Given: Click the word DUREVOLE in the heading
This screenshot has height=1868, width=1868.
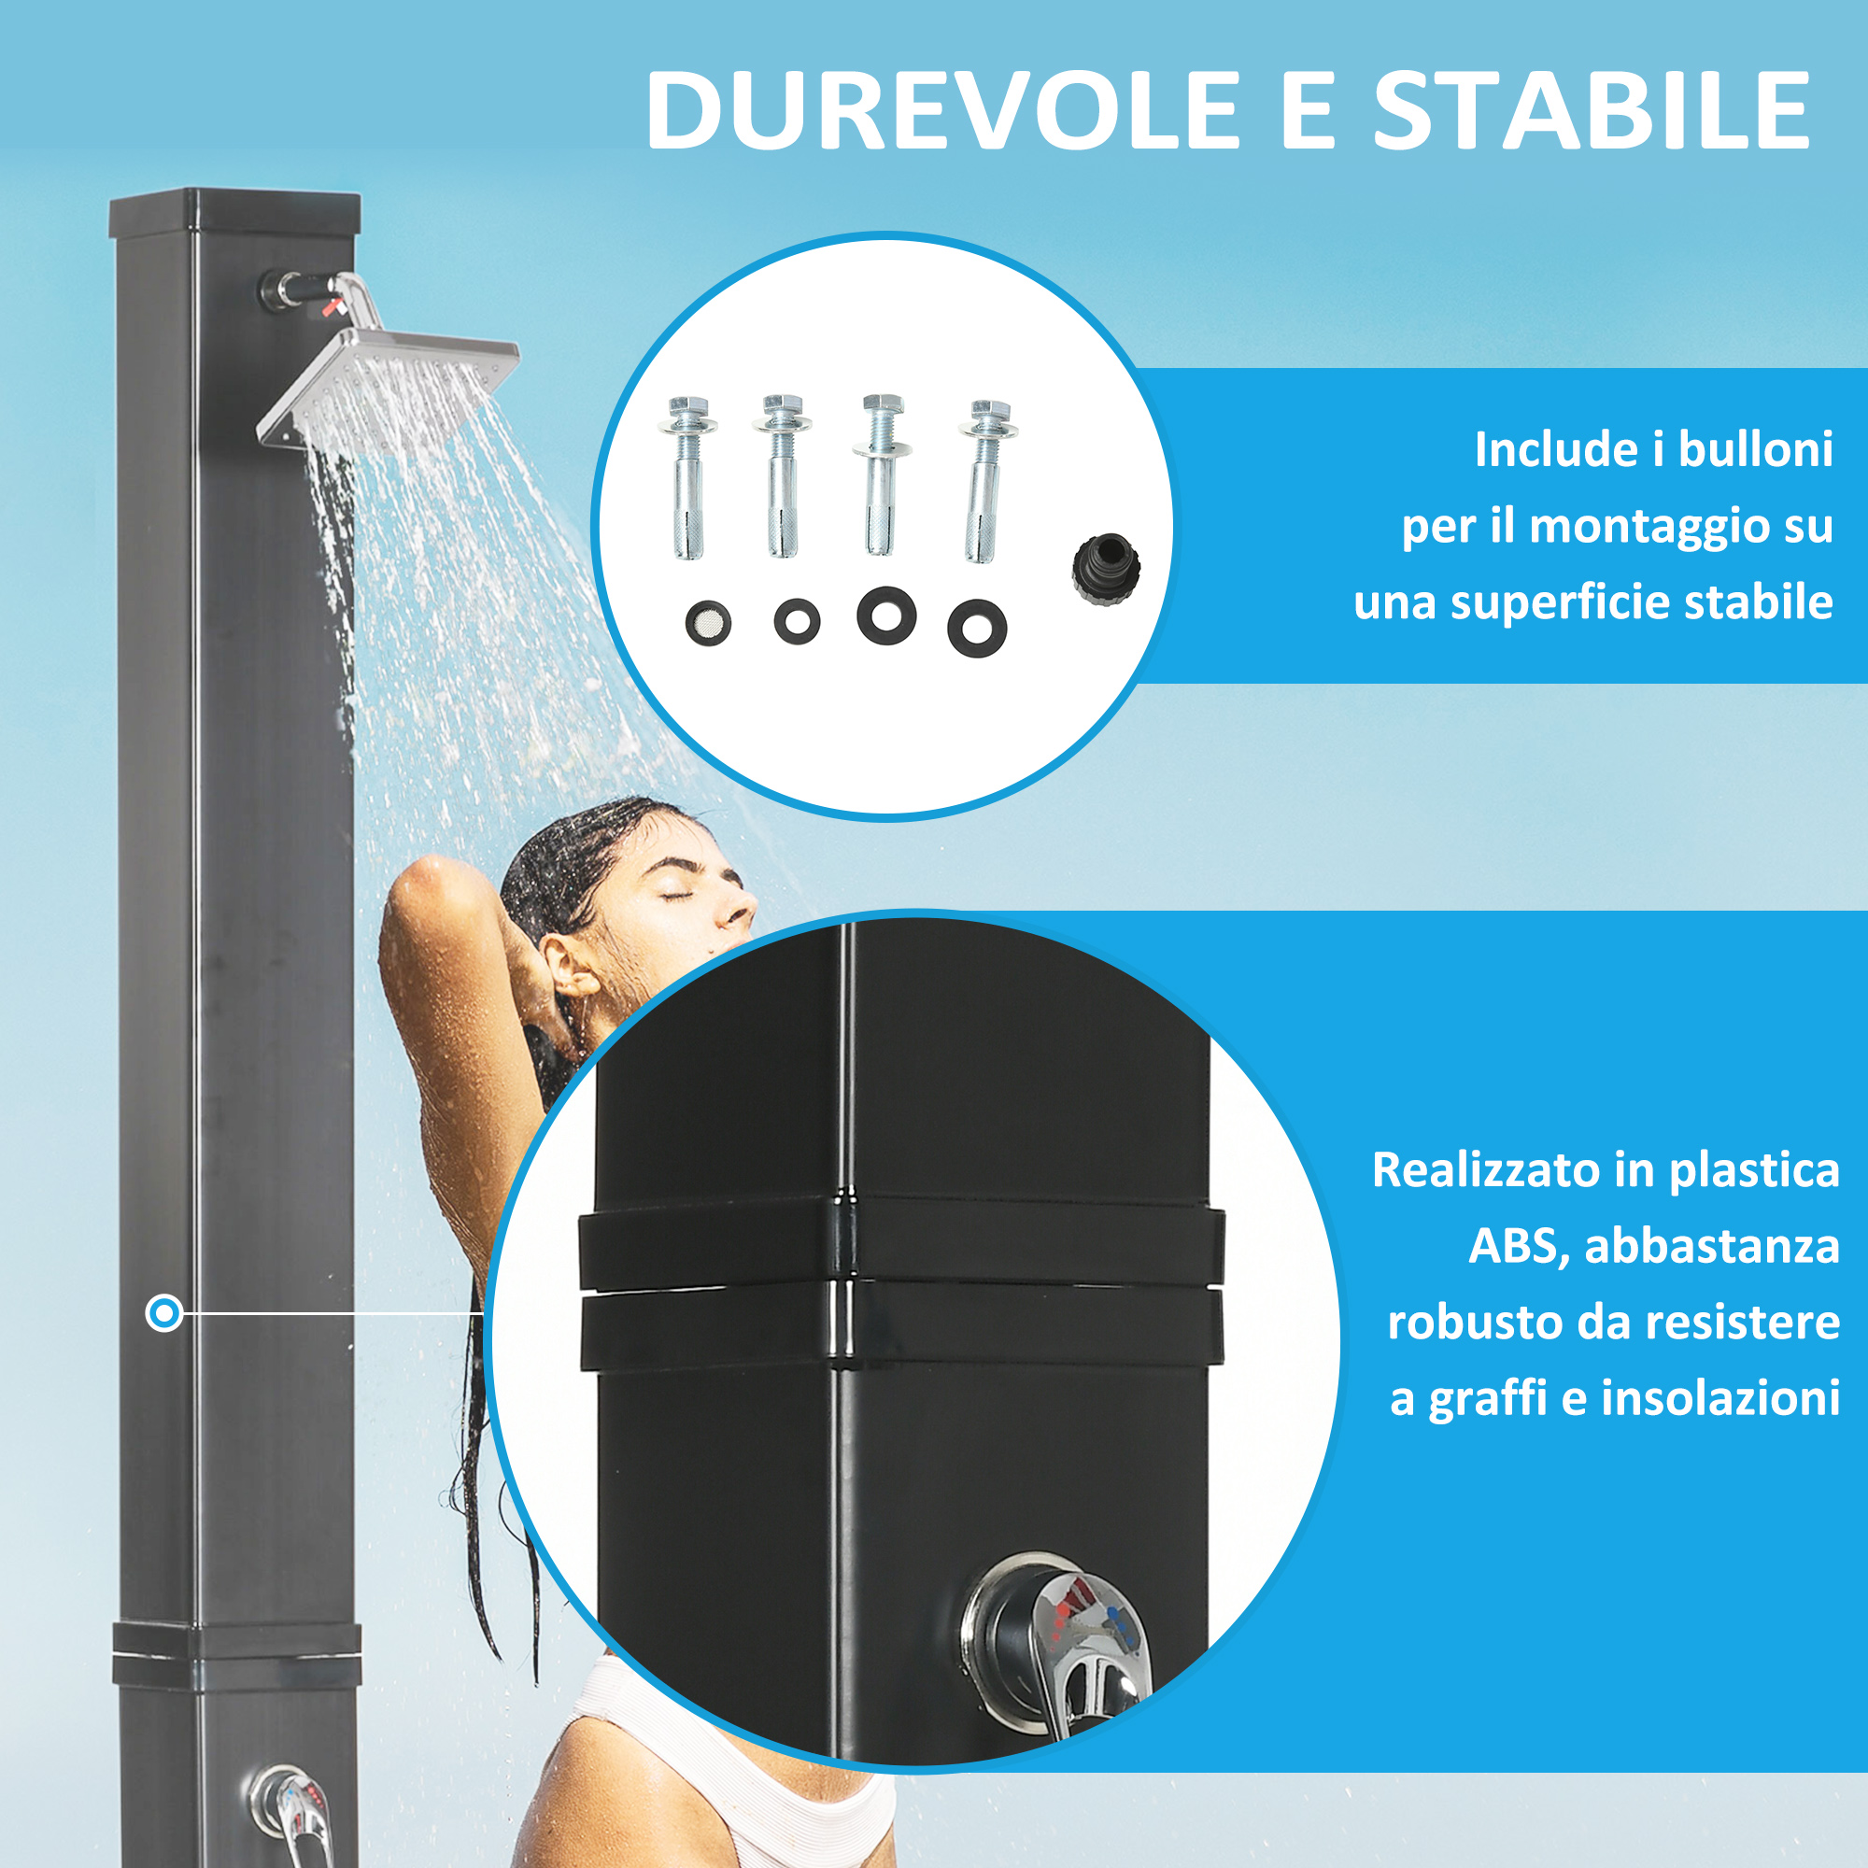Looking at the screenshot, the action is [942, 110].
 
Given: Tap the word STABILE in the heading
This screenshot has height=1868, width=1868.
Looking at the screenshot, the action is [1592, 110].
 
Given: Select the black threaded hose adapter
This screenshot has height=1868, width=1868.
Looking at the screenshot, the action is [1106, 572].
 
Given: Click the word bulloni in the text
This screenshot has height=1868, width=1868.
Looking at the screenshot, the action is [1755, 449].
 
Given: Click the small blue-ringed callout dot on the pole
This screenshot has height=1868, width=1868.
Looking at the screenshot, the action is [164, 1313].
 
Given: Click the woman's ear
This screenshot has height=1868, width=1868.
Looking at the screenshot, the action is [570, 966].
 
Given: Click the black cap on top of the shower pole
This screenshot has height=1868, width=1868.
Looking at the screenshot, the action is [235, 214].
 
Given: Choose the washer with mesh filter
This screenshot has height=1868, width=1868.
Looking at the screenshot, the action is [708, 624].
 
